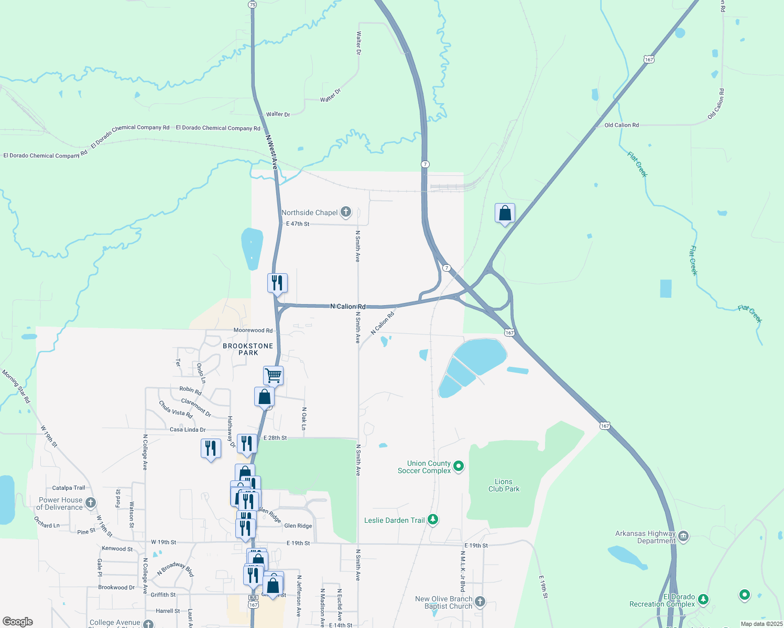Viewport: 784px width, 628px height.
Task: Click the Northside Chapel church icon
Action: point(346,212)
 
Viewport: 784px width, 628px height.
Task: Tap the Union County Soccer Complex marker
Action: point(459,466)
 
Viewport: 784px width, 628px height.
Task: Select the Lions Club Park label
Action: point(504,485)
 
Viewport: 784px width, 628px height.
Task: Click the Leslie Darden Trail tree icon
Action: point(433,520)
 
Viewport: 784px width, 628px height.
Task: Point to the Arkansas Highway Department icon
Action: point(683,536)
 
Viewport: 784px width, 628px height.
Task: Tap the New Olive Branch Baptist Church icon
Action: point(480,602)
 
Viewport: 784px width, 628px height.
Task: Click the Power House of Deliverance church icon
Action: point(91,503)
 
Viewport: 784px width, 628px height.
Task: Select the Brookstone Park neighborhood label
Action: point(248,349)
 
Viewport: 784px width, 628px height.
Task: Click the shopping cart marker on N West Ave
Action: point(273,375)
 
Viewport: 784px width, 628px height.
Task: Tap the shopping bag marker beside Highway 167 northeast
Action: point(505,213)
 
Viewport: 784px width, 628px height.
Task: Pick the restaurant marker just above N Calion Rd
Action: point(277,283)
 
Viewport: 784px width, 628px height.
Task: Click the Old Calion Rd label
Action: point(622,125)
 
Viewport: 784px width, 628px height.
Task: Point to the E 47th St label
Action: point(298,224)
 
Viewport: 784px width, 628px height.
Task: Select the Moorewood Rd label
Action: point(253,330)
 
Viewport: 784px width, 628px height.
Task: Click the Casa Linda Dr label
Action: point(188,430)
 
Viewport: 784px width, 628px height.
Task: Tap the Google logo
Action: point(18,622)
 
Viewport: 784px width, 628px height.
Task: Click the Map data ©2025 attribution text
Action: point(761,624)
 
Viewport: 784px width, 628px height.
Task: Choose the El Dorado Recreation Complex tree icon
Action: point(703,599)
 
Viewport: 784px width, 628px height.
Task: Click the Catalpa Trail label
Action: point(69,488)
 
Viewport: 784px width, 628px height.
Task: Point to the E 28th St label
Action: point(275,438)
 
